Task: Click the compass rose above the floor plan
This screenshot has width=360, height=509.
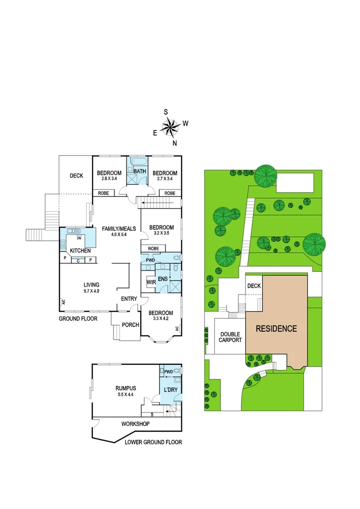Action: (171, 126)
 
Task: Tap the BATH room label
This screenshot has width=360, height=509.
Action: (139, 171)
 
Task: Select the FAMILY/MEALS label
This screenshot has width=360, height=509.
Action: (119, 229)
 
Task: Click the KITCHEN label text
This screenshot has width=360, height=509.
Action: (80, 251)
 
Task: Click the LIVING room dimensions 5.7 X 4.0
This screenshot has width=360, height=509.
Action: (91, 291)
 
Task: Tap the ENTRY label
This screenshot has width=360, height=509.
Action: (129, 299)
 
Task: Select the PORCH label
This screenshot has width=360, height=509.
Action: (130, 324)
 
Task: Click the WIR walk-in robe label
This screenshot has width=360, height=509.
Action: (151, 282)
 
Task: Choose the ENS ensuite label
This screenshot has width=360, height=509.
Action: (163, 279)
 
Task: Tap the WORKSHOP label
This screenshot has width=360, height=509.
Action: (135, 424)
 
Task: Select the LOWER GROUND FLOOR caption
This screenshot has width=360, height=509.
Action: (153, 443)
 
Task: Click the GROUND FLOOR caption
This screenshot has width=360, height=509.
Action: (78, 319)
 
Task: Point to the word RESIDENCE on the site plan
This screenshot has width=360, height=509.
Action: (276, 328)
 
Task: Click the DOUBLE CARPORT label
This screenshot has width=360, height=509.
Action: (230, 337)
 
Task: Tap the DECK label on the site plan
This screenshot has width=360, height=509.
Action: (254, 286)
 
